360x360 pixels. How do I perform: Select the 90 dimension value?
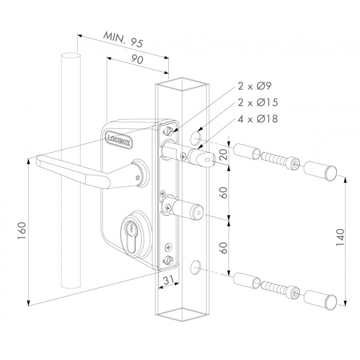[137, 59]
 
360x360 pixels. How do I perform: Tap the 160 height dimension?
[22, 230]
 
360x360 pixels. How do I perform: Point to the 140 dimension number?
[340, 238]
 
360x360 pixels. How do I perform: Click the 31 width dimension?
[169, 280]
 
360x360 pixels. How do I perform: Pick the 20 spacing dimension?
[224, 154]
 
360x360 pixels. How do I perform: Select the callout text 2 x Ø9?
[255, 86]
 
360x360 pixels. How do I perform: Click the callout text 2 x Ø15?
[258, 103]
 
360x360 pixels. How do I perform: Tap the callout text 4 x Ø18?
[258, 119]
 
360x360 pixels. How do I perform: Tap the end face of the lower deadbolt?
[198, 212]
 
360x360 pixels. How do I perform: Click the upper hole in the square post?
[195, 138]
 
